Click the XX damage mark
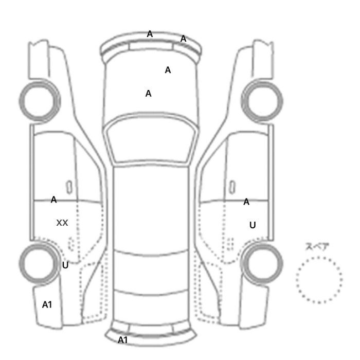[62, 223]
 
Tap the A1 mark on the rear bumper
[122, 340]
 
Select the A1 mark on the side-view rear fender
[47, 304]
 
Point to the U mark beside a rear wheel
[65, 265]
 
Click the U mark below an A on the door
[253, 225]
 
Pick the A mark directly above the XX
[53, 200]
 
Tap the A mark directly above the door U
[246, 202]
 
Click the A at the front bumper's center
[150, 34]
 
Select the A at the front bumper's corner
[183, 39]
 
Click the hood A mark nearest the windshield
[148, 94]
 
